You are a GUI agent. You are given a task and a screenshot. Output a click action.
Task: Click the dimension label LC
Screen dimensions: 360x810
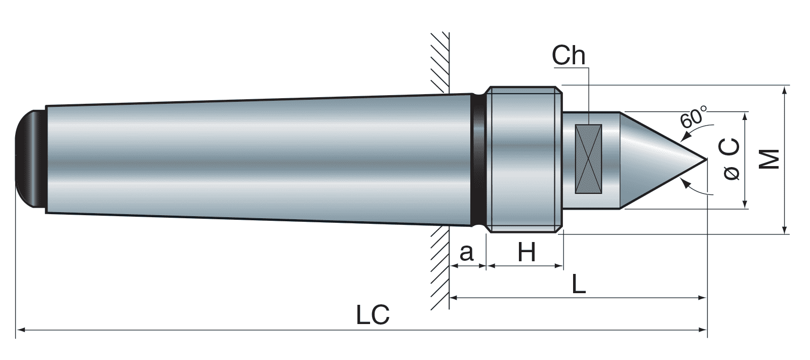pyautogui.click(x=373, y=314)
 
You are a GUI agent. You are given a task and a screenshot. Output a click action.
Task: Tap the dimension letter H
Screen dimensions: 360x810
pyautogui.click(x=526, y=252)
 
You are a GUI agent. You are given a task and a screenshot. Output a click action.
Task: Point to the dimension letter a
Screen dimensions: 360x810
pyautogui.click(x=466, y=252)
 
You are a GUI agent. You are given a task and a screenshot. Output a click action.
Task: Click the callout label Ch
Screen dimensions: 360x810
pyautogui.click(x=569, y=56)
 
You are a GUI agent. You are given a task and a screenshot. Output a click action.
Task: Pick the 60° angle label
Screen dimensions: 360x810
pyautogui.click(x=694, y=118)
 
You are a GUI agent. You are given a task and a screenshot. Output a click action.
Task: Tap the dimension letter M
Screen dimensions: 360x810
pyautogui.click(x=770, y=159)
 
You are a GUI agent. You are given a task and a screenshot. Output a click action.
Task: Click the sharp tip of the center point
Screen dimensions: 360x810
pyautogui.click(x=705, y=159)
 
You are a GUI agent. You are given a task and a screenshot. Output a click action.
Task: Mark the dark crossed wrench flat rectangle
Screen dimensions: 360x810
pyautogui.click(x=588, y=159)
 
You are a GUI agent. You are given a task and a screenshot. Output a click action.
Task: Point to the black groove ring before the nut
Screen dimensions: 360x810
pyautogui.click(x=478, y=159)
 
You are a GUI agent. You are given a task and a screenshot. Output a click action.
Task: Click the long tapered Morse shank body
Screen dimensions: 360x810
pyautogui.click(x=253, y=159)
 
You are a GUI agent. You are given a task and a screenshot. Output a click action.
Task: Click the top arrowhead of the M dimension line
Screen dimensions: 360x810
pyautogui.click(x=784, y=90)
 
